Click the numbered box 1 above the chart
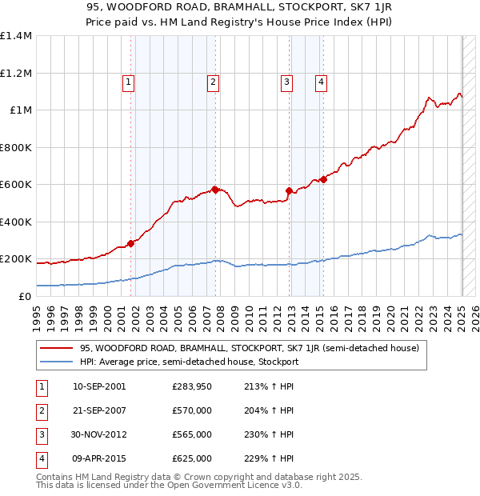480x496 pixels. [129, 80]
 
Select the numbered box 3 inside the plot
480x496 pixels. [286, 80]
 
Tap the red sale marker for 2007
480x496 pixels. [215, 190]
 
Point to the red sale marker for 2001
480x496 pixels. [130, 244]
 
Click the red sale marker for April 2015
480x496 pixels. [322, 179]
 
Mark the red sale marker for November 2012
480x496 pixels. [289, 190]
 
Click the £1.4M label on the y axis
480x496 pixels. [16, 36]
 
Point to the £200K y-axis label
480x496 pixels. [16, 259]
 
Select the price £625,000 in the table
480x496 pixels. [192, 459]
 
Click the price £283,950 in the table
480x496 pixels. [192, 387]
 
